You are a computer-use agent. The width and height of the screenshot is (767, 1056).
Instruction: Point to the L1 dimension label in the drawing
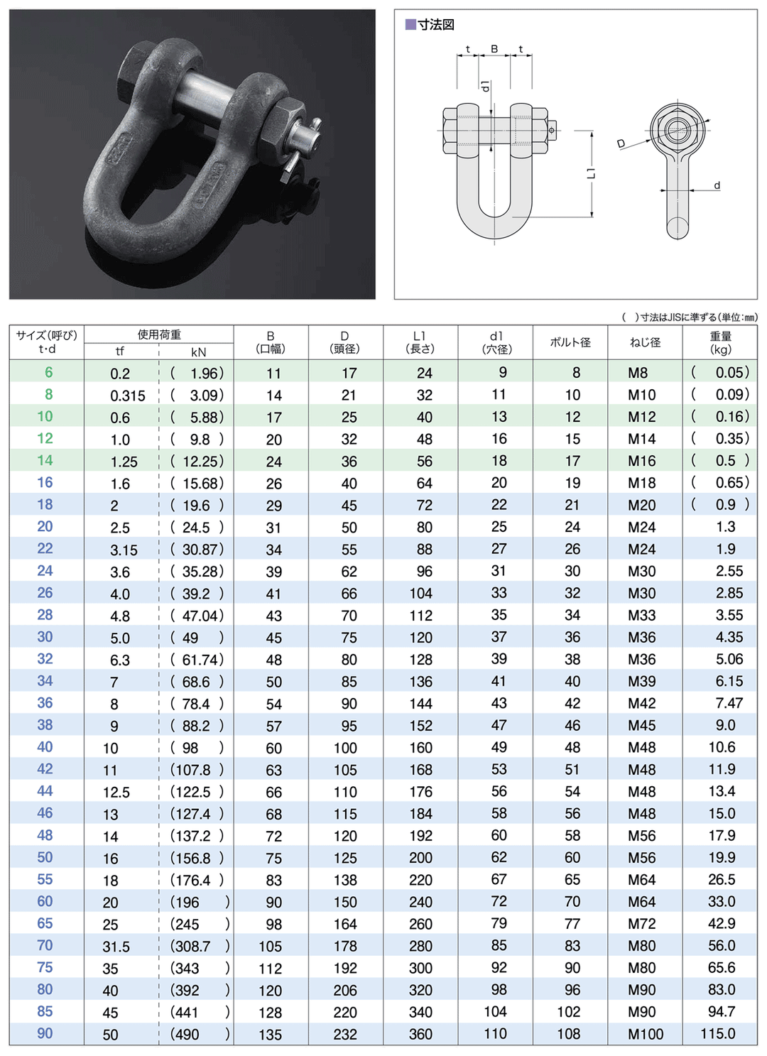(591, 173)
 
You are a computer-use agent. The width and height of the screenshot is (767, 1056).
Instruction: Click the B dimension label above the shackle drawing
(494, 50)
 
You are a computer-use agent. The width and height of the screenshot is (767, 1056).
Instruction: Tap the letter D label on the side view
(621, 144)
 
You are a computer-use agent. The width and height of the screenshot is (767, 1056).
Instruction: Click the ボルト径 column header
(570, 342)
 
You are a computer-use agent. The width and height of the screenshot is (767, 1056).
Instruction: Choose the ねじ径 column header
(645, 342)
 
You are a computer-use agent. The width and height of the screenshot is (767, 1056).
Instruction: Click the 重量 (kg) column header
(720, 342)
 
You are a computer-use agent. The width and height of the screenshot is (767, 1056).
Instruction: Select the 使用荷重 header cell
(159, 334)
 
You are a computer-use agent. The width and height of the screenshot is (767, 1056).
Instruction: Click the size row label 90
(45, 1033)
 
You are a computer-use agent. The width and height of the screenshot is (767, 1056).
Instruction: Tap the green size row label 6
(48, 372)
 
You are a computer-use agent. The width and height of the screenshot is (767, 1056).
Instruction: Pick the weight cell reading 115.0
(718, 1034)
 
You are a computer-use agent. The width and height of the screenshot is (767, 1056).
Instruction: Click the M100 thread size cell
(645, 1034)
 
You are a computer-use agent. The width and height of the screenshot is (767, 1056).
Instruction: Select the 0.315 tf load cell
(127, 396)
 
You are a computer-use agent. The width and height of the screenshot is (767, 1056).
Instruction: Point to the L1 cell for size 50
(420, 858)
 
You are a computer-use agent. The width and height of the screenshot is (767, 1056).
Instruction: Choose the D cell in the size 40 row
(345, 748)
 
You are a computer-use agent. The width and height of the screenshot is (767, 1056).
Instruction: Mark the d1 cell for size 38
(499, 725)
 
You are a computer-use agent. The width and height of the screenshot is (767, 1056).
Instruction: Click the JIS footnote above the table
(689, 317)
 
